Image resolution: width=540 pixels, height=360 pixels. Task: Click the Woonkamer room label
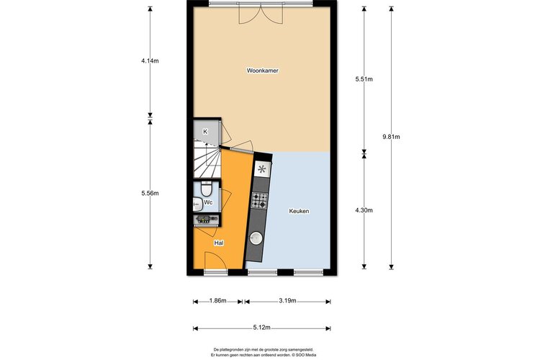click(262, 71)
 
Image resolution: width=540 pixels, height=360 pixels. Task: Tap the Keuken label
click(299, 211)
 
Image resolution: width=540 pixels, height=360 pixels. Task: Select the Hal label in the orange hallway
click(218, 243)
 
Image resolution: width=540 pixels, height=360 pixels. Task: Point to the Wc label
click(208, 203)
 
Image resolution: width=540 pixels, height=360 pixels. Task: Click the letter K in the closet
click(205, 131)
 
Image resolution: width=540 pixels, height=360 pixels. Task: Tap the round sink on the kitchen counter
click(256, 238)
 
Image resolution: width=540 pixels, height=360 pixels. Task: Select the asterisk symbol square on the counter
click(262, 170)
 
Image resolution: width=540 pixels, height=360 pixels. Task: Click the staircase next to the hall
click(206, 159)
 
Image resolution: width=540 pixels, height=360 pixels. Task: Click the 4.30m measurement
click(365, 210)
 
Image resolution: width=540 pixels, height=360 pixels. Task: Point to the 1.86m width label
click(219, 301)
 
